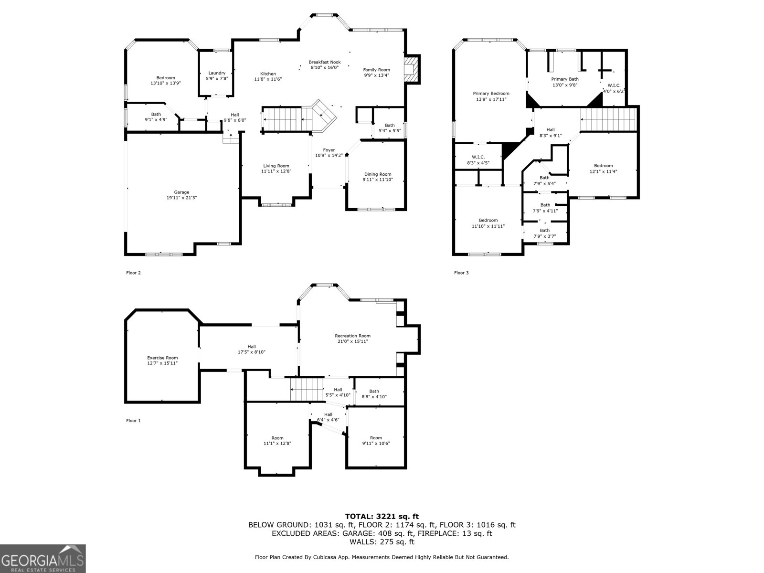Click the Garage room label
(181, 192)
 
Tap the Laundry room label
(216, 73)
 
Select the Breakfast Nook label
(325, 62)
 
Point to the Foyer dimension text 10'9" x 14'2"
(329, 155)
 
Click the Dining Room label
(378, 174)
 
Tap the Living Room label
(276, 166)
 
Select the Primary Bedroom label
(491, 94)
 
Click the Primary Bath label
(565, 79)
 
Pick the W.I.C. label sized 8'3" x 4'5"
(478, 157)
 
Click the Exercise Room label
(162, 358)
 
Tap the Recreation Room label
(352, 336)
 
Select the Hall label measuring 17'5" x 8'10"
(252, 347)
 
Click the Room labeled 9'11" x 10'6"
(376, 438)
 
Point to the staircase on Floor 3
(609, 119)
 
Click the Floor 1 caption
(133, 421)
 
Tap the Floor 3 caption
(461, 273)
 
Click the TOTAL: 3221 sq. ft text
(382, 516)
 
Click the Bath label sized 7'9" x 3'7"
(544, 230)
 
